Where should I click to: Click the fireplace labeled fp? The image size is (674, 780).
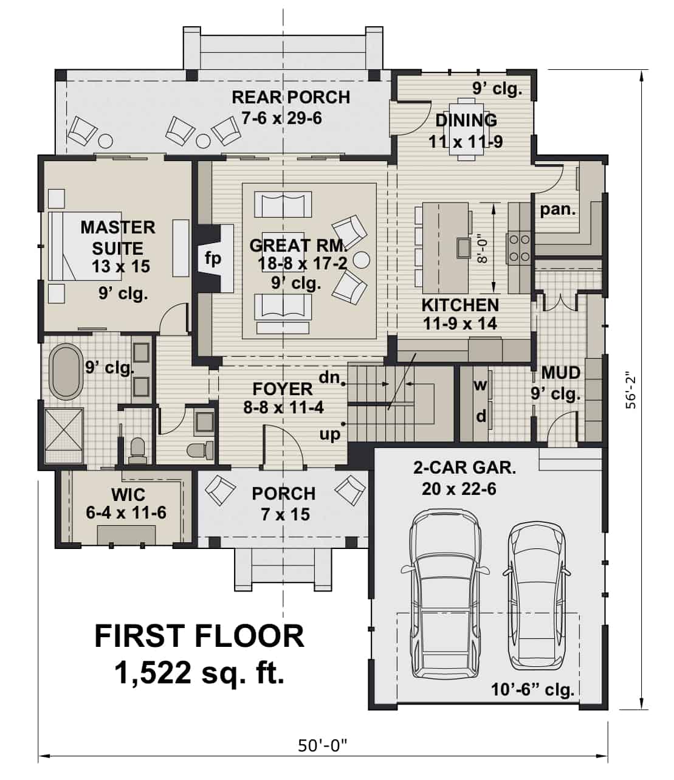coord(213,258)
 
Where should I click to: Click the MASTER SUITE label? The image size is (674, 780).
coord(118,238)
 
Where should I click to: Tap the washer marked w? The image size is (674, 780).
coord(481,385)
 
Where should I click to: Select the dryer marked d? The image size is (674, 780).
coord(481,416)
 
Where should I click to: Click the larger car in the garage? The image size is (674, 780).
coord(442,593)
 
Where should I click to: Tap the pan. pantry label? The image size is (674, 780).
coord(557,210)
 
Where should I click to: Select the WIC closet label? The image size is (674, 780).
coord(128,493)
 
